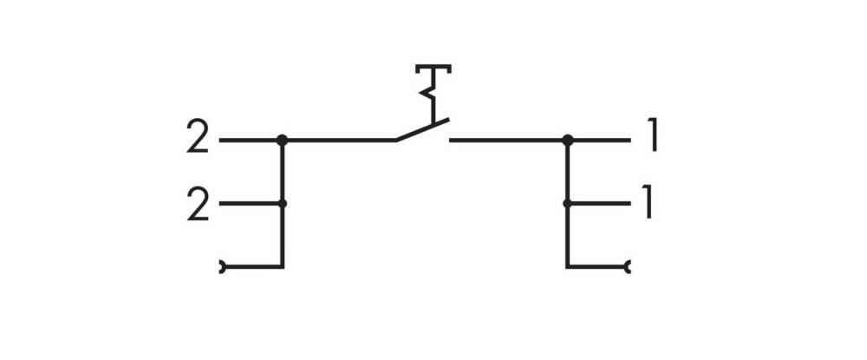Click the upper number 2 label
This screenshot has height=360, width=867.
[198, 136]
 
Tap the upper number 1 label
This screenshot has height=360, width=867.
[654, 136]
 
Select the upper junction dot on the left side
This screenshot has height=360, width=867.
[282, 140]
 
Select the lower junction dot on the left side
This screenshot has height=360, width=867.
[283, 204]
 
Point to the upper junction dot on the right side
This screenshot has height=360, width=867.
[567, 140]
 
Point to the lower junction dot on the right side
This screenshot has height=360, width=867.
[567, 204]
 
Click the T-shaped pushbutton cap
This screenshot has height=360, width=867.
[433, 69]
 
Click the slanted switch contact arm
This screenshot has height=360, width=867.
[422, 130]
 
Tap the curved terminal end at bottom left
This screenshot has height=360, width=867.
[222, 267]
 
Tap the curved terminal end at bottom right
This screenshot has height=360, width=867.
[627, 267]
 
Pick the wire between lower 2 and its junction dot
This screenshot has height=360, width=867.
[250, 204]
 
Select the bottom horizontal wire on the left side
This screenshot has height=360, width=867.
[253, 266]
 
